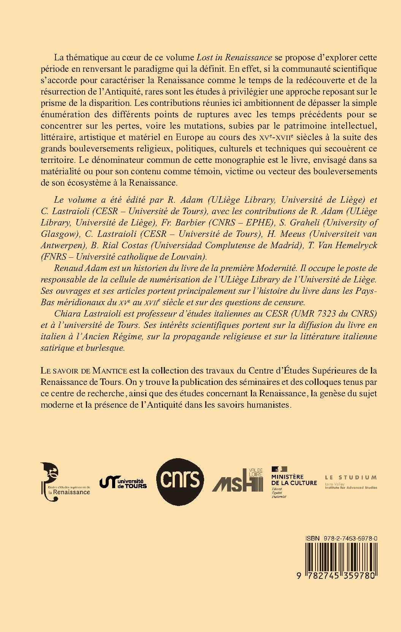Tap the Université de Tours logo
[x=123, y=482]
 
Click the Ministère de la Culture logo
[x=294, y=480]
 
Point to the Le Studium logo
[x=350, y=481]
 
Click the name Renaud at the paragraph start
[x=67, y=268]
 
